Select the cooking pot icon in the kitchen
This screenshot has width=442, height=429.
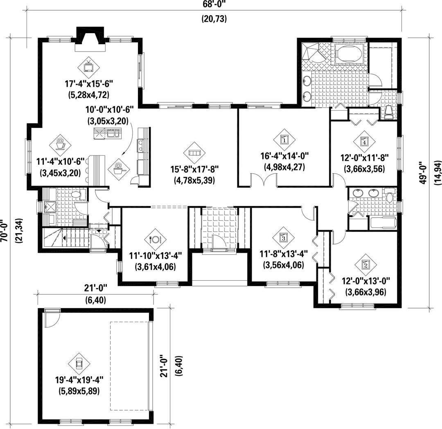click(119, 169)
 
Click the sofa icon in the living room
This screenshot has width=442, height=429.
click(194, 153)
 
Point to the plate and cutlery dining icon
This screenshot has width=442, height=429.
click(156, 239)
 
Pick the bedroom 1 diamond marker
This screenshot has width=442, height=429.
click(284, 139)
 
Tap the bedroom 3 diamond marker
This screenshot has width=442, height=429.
click(283, 238)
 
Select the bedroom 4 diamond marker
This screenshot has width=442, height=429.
click(365, 142)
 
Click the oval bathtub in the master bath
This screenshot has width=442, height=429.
click(349, 54)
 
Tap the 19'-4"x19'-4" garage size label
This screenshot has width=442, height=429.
click(79, 380)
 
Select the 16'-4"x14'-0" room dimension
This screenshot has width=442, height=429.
click(284, 156)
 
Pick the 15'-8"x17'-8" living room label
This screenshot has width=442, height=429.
click(194, 169)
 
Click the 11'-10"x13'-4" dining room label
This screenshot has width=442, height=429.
click(156, 256)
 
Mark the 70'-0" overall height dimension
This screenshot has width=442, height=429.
click(5, 231)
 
